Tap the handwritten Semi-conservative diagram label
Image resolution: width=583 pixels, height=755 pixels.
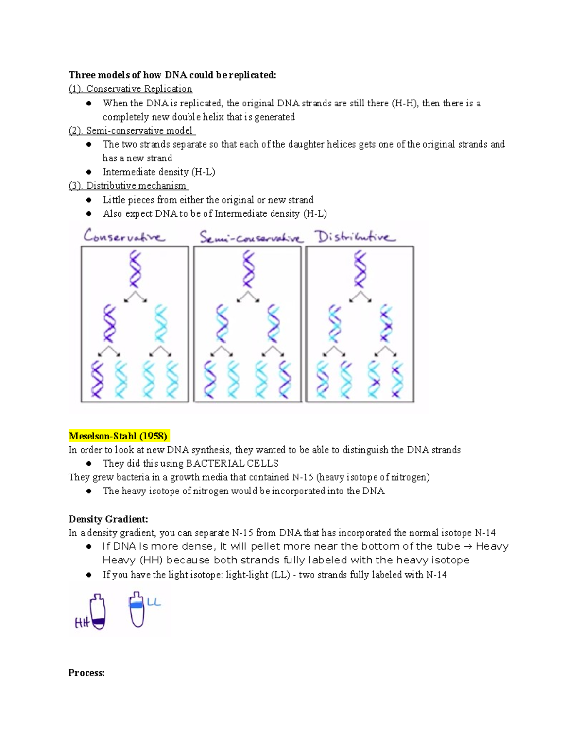point(251,237)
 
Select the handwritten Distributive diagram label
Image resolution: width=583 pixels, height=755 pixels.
point(355,237)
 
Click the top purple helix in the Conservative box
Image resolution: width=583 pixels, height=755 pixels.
point(135,269)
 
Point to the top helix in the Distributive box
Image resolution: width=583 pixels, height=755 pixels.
point(360,269)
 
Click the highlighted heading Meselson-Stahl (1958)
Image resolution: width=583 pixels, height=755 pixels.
point(118,436)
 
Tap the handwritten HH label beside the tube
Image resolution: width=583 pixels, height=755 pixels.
point(82,623)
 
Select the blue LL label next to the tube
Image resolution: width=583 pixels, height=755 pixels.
point(154,602)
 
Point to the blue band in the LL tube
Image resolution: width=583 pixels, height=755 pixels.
point(137,605)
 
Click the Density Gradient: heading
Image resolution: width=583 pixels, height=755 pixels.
point(108,519)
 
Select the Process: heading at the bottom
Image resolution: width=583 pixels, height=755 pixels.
point(86,673)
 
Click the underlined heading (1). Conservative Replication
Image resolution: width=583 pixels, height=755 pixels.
point(130,89)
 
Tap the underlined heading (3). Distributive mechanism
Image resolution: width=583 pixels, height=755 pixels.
point(128,186)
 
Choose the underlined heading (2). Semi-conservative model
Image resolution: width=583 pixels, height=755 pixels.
point(132,130)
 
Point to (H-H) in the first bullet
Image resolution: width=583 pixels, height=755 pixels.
point(405,103)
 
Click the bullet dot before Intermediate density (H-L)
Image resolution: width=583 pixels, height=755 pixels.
point(89,172)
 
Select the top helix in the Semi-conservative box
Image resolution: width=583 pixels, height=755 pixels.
point(248,269)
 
